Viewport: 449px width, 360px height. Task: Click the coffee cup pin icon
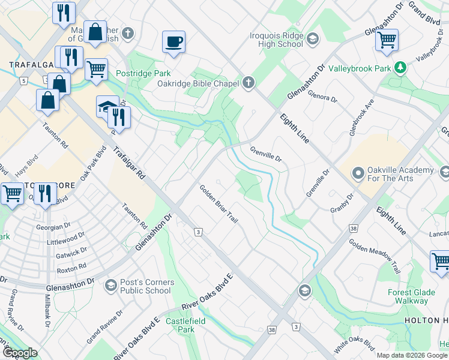[x=173, y=42]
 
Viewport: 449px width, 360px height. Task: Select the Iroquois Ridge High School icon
[x=312, y=40]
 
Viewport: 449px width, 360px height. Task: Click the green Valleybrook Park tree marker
[x=400, y=68]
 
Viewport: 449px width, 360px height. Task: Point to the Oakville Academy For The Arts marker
[x=358, y=175]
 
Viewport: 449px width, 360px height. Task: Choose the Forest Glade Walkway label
[x=415, y=297]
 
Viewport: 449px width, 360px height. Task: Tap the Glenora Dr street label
[x=322, y=96]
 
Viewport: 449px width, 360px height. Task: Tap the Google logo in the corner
[x=20, y=353]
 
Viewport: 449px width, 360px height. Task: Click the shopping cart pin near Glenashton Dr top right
[x=387, y=40]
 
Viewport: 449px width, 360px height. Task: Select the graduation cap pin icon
[x=107, y=106]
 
